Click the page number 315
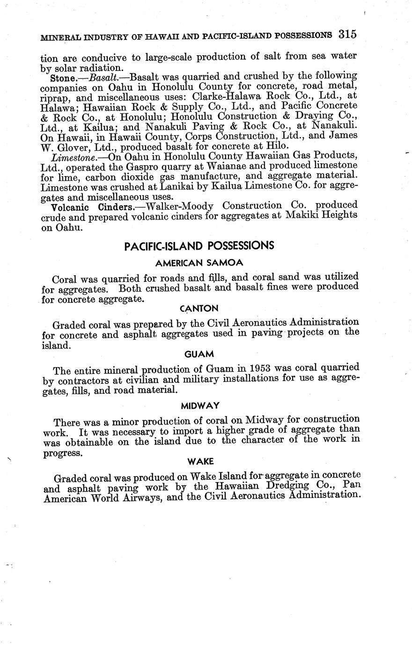pos(347,34)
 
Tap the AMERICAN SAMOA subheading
pos(199,263)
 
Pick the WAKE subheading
pos(200,461)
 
